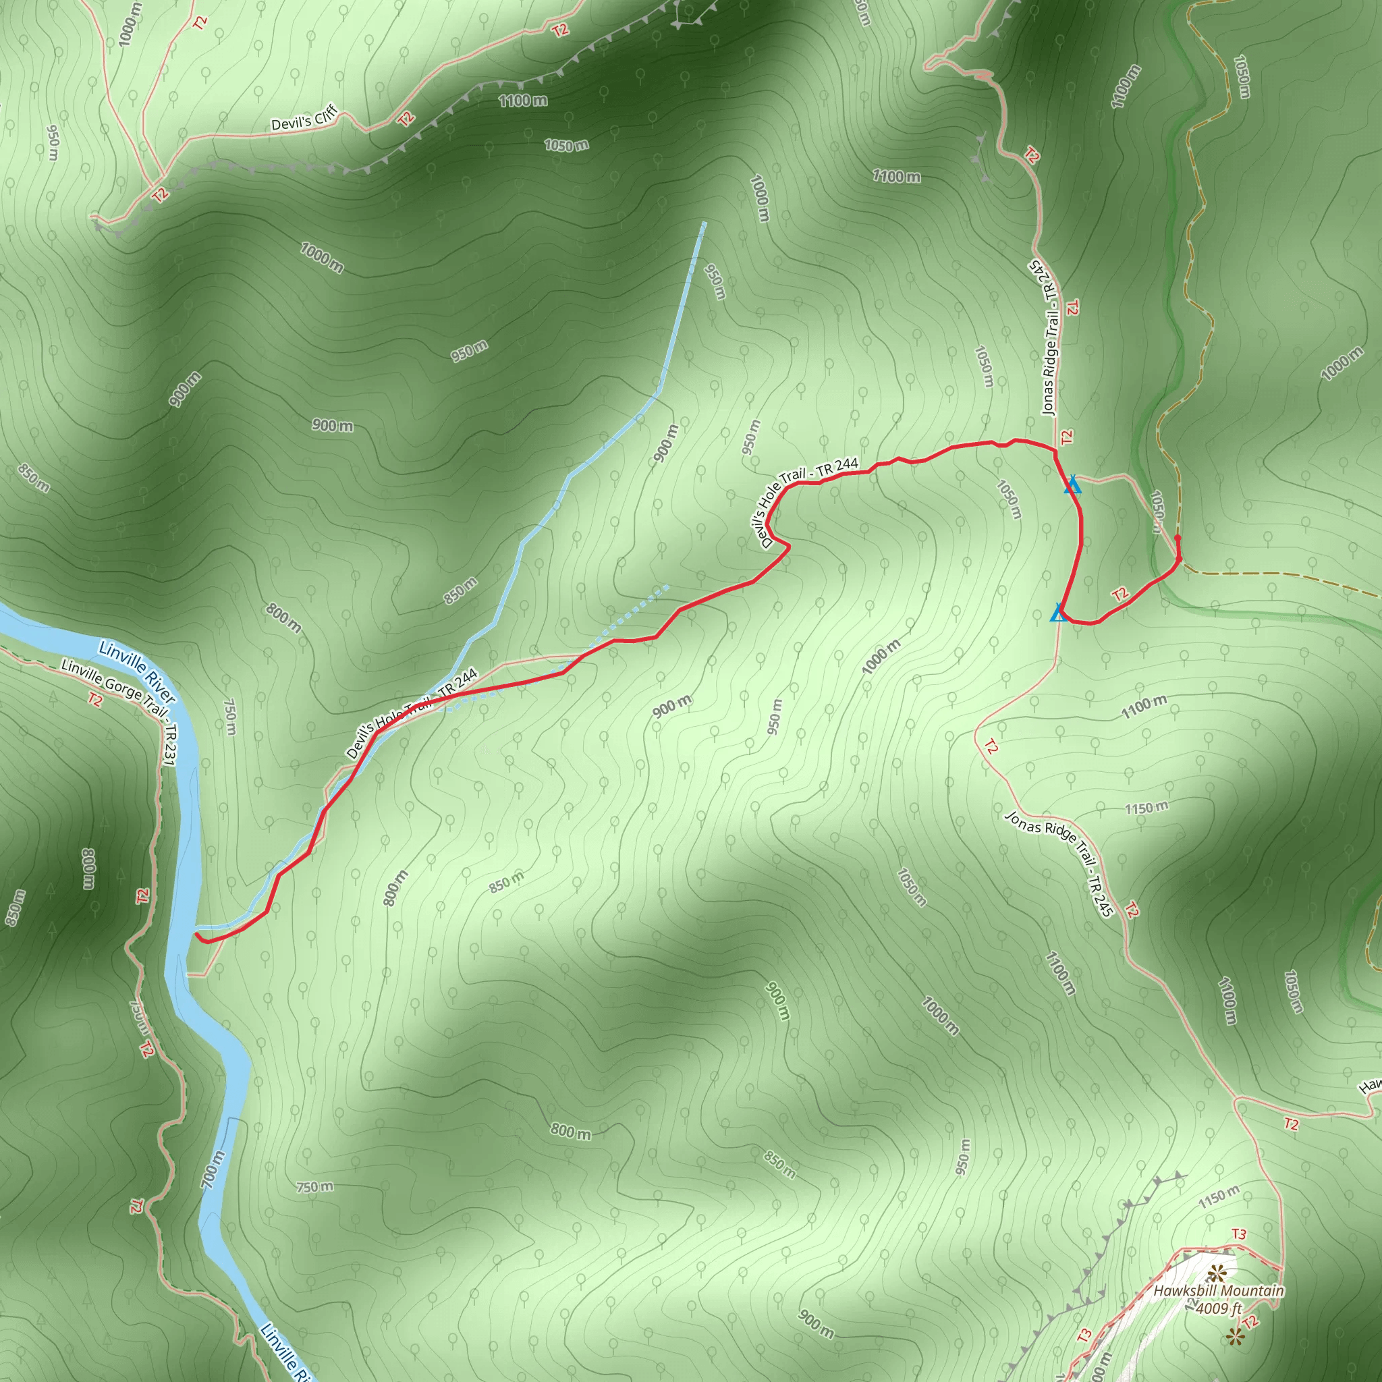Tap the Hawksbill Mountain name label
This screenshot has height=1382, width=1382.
click(x=1218, y=1291)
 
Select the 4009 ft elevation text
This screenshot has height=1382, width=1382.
click(x=1219, y=1308)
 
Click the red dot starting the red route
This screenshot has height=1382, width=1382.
click(x=1178, y=538)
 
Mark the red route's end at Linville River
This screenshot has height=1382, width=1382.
click(x=197, y=934)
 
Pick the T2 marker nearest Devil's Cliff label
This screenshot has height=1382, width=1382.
click(x=406, y=118)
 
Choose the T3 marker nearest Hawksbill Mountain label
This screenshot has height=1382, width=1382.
click(x=1238, y=1234)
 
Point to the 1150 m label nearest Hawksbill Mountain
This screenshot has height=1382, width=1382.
click(x=1218, y=1195)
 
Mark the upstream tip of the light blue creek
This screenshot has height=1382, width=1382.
click(x=704, y=224)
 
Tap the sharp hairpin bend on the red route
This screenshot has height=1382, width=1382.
click(x=787, y=547)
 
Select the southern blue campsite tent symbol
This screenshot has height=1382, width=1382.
click(x=1059, y=613)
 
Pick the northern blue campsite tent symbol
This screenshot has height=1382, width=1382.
click(x=1072, y=485)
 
